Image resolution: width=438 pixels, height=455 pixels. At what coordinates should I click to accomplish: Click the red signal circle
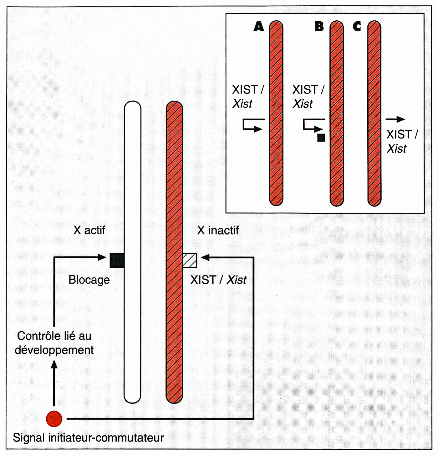click(x=54, y=419)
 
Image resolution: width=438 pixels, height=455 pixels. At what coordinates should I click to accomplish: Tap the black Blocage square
click(x=117, y=260)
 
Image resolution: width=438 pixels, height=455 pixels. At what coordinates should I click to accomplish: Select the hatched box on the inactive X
click(x=190, y=260)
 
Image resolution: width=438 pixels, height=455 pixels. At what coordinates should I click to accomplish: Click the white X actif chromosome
click(x=133, y=251)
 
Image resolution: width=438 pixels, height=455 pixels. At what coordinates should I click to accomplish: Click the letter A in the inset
click(x=259, y=26)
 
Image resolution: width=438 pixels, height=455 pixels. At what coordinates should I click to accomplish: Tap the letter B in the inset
click(x=319, y=26)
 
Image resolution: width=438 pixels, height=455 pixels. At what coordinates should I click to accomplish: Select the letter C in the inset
click(x=357, y=26)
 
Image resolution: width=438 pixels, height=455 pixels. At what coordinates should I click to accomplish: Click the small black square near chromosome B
click(x=321, y=138)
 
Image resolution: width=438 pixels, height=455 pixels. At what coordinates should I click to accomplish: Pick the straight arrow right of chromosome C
click(x=395, y=119)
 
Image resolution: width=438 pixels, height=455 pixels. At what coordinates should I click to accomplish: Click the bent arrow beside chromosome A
click(x=252, y=125)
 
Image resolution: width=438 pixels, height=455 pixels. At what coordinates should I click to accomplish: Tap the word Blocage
click(x=89, y=280)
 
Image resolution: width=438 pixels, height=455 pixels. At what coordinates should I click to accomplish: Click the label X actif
click(x=89, y=230)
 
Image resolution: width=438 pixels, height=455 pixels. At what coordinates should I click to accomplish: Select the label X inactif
click(x=218, y=230)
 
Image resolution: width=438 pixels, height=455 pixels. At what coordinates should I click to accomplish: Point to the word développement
click(x=54, y=350)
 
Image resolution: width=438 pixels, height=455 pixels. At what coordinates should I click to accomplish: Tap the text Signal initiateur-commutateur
click(x=88, y=437)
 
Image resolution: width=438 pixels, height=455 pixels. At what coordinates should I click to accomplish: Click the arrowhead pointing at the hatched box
click(x=205, y=257)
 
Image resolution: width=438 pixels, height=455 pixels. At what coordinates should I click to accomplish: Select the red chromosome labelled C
click(x=374, y=113)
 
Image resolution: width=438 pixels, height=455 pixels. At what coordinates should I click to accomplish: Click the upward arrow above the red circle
click(x=54, y=382)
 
